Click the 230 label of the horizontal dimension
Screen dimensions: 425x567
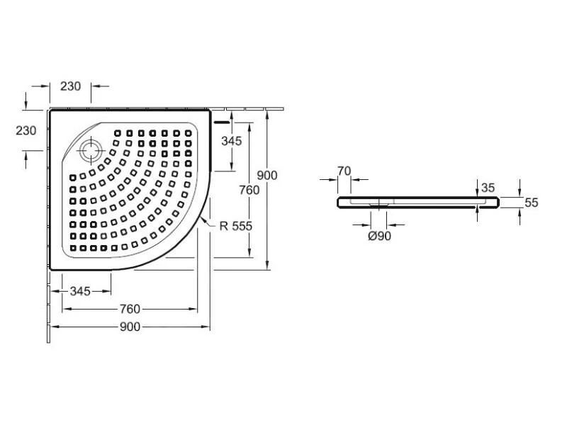pos(71,86)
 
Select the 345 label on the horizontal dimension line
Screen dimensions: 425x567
pos(79,291)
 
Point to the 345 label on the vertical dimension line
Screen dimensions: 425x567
pos(232,140)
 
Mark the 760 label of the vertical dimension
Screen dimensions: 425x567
pos(249,190)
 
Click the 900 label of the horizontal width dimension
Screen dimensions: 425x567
pos(130,327)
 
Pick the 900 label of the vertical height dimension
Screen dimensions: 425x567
pos(267,175)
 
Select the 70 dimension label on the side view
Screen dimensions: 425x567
pos(344,170)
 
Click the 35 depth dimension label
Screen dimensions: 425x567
pos(487,188)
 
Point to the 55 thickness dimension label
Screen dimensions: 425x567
pos(532,203)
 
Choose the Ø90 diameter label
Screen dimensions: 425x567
pos(380,237)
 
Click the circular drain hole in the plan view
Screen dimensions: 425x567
pos(91,150)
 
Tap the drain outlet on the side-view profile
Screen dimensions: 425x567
pos(380,205)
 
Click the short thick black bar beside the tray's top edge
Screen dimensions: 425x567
pos(223,121)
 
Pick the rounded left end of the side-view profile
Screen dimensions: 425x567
pos(340,203)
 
